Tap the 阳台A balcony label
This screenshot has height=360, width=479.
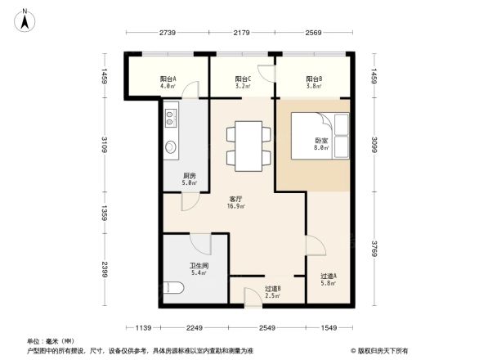tap(169, 80)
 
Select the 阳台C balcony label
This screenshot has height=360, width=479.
tap(242, 80)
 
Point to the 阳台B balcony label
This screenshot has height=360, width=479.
tap(312, 80)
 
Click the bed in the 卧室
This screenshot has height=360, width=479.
tap(320, 135)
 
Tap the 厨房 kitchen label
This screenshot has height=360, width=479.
tap(189, 178)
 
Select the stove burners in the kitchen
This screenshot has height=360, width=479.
tap(171, 119)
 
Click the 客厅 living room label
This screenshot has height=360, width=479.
tap(237, 201)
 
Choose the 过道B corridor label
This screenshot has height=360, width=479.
tap(273, 290)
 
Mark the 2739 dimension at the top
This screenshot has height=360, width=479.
tap(168, 32)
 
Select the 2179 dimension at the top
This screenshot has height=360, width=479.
tap(242, 32)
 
